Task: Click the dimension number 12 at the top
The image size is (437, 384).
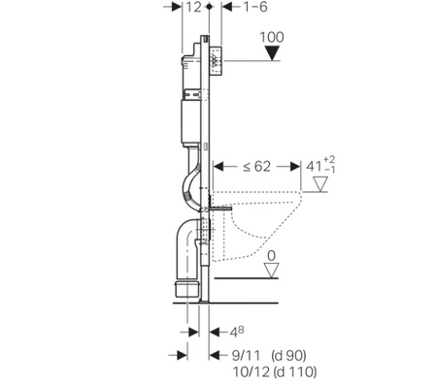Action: (193, 7)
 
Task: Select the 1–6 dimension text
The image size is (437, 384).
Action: (255, 7)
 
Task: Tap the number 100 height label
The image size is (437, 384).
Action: (272, 37)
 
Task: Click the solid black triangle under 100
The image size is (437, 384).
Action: (272, 53)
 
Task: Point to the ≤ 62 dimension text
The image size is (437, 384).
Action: (256, 167)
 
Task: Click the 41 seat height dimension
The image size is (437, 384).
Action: (320, 165)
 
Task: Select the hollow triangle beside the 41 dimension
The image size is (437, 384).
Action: (320, 184)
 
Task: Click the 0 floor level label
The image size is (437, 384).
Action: (271, 256)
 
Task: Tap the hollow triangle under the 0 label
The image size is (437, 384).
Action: (271, 271)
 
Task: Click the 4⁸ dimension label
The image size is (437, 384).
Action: (237, 332)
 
